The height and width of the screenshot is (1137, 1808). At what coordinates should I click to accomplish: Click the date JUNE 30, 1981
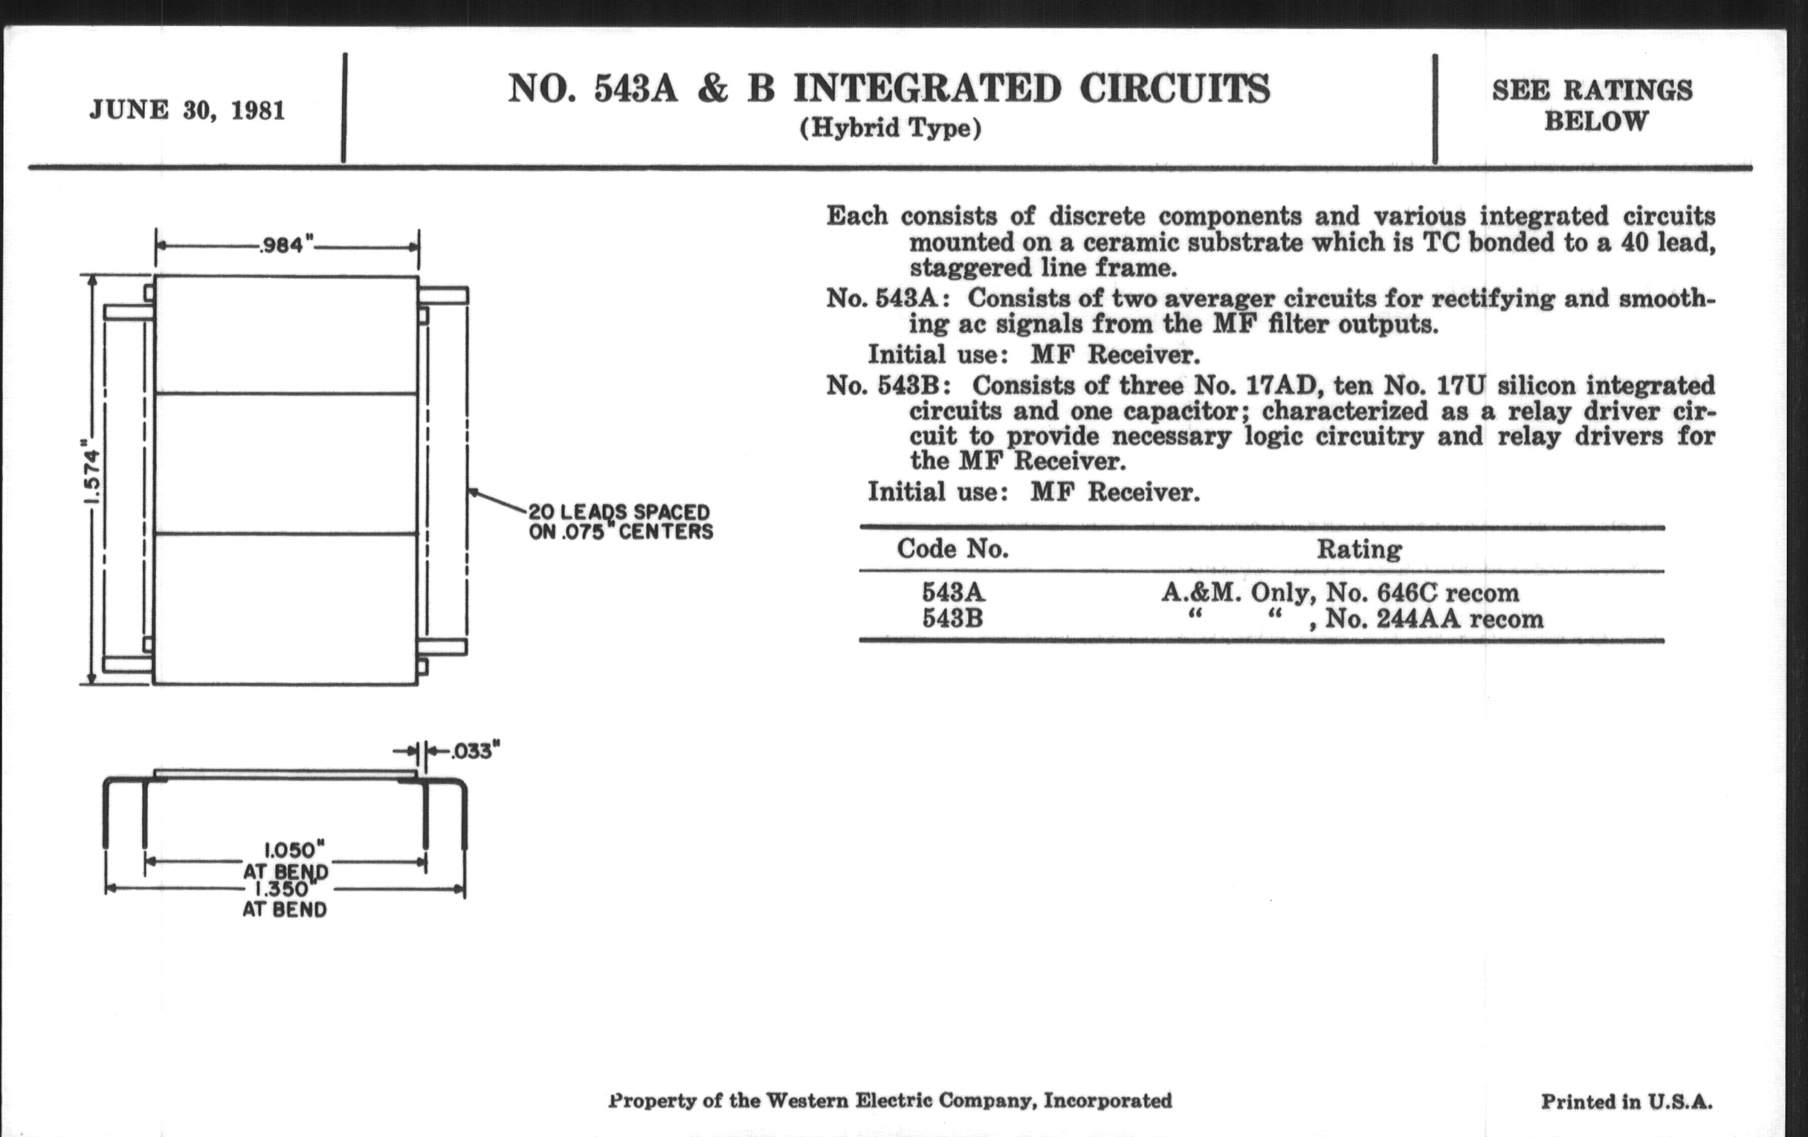click(187, 111)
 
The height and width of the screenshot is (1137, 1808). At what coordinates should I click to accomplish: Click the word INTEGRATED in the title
click(927, 88)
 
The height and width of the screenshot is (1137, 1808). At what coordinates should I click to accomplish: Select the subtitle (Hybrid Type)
click(890, 129)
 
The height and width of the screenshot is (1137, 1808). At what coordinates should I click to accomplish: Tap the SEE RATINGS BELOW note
click(1594, 105)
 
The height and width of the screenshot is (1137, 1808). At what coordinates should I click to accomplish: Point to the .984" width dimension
click(285, 245)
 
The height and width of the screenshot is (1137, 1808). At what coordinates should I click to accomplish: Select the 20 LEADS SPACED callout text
click(619, 513)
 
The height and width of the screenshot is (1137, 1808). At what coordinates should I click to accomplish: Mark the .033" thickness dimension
click(475, 751)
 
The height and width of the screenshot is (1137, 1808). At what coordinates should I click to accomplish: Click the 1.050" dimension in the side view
click(294, 850)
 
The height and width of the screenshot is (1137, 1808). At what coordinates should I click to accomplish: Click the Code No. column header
click(952, 549)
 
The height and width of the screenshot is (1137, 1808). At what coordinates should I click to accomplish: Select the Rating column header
click(1359, 549)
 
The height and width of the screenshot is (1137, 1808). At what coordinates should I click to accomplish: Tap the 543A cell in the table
click(952, 593)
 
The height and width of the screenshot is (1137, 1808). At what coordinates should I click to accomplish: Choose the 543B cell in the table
click(952, 619)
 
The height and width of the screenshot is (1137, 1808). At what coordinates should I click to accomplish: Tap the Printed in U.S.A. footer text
click(1627, 1102)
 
